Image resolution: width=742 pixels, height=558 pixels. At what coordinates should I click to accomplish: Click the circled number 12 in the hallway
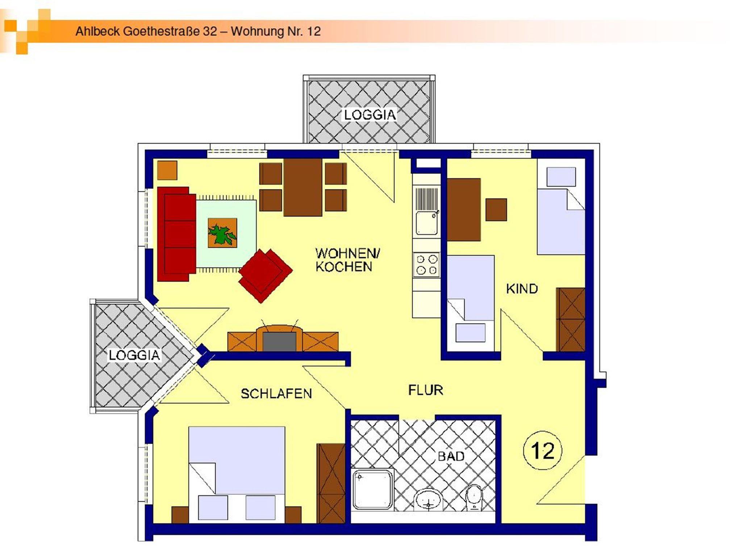coord(542,451)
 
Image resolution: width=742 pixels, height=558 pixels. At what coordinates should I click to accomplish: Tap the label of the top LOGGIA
coord(370,115)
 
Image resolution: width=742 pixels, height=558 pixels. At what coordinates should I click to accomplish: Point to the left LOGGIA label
coord(134,355)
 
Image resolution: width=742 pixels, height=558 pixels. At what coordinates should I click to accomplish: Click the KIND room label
coord(522,289)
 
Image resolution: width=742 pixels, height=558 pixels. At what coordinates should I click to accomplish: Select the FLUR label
coord(426,390)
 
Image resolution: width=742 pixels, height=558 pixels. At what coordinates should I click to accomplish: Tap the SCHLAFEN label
coord(276,394)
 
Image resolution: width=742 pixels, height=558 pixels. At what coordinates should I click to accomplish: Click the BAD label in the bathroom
coord(451,456)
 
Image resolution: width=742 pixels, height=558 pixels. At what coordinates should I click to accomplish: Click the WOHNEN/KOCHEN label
coord(347,260)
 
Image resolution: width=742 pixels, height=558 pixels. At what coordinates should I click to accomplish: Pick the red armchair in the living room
coord(265,275)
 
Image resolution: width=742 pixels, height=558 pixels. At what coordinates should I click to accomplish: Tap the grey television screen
coord(279,341)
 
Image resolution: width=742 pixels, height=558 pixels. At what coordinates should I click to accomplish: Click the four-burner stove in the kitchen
coord(426,264)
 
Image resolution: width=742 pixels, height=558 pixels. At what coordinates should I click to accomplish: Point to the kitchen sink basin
coord(426,223)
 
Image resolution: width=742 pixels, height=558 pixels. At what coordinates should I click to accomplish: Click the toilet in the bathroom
coord(474,498)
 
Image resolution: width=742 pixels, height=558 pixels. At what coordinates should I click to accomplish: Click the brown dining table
coord(303,187)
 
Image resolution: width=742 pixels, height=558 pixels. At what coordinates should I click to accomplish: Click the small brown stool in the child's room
coord(496,210)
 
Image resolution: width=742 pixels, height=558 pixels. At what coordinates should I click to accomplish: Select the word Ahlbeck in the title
coord(97,31)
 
